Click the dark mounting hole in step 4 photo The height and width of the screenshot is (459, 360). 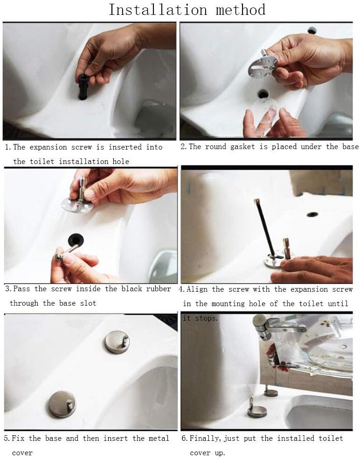click(312, 215)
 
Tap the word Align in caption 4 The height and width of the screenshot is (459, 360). click(198, 289)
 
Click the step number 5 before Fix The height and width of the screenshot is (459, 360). click(7, 438)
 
